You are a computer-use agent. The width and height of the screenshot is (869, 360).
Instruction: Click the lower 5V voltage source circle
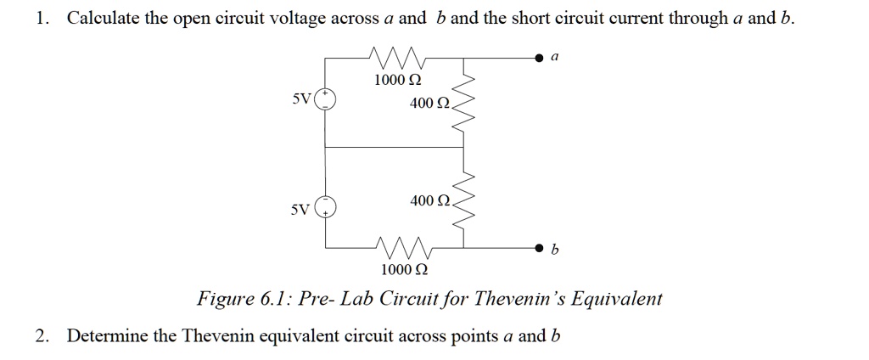click(326, 205)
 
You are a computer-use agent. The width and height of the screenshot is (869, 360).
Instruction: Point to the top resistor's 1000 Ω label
click(398, 81)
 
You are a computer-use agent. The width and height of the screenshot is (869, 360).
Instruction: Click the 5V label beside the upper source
click(302, 98)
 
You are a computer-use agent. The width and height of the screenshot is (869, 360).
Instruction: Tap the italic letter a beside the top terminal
click(554, 57)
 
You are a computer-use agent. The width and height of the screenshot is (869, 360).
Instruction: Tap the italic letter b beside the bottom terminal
click(554, 250)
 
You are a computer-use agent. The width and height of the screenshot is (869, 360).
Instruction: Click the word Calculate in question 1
click(102, 19)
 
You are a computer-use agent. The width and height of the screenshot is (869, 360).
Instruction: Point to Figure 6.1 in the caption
click(233, 299)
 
